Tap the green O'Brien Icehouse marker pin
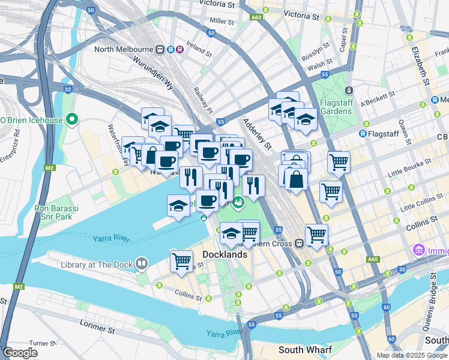click(x=71, y=120)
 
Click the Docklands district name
click(x=224, y=254)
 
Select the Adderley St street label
click(x=257, y=133)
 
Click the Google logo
click(x=20, y=353)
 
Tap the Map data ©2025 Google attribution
click(x=412, y=355)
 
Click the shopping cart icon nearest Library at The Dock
click(x=181, y=260)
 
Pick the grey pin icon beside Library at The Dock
click(x=141, y=263)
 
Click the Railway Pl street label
click(x=202, y=98)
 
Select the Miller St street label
click(x=221, y=21)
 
